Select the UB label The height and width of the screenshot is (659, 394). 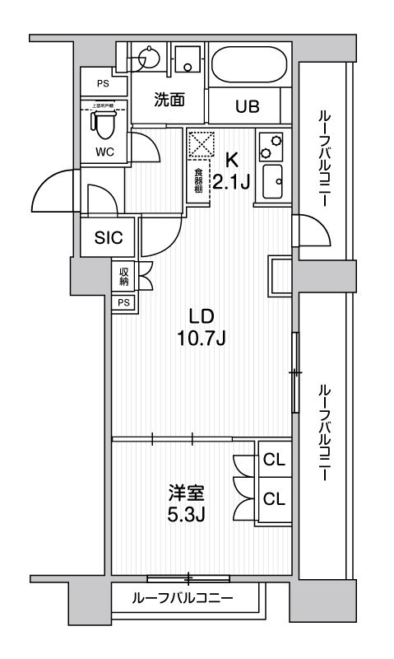click(x=247, y=106)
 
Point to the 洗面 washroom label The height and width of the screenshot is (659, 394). click(x=169, y=99)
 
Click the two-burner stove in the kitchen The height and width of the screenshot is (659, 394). click(x=271, y=147)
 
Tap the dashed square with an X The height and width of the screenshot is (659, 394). click(x=201, y=147)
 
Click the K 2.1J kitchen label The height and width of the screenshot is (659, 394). click(x=231, y=171)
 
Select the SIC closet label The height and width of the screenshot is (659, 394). click(x=109, y=238)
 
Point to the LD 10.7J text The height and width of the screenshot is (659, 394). click(x=202, y=327)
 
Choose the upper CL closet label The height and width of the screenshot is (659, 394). click(x=274, y=460)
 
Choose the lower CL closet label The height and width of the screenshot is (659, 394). click(x=274, y=498)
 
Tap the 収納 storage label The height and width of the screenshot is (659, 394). click(x=123, y=277)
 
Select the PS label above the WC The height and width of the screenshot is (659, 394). click(x=103, y=84)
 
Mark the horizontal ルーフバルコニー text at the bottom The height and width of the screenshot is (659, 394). click(x=183, y=597)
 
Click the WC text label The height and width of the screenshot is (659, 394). click(x=104, y=151)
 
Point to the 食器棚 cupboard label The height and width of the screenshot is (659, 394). click(x=198, y=180)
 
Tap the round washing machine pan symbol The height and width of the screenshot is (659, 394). click(x=151, y=58)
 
